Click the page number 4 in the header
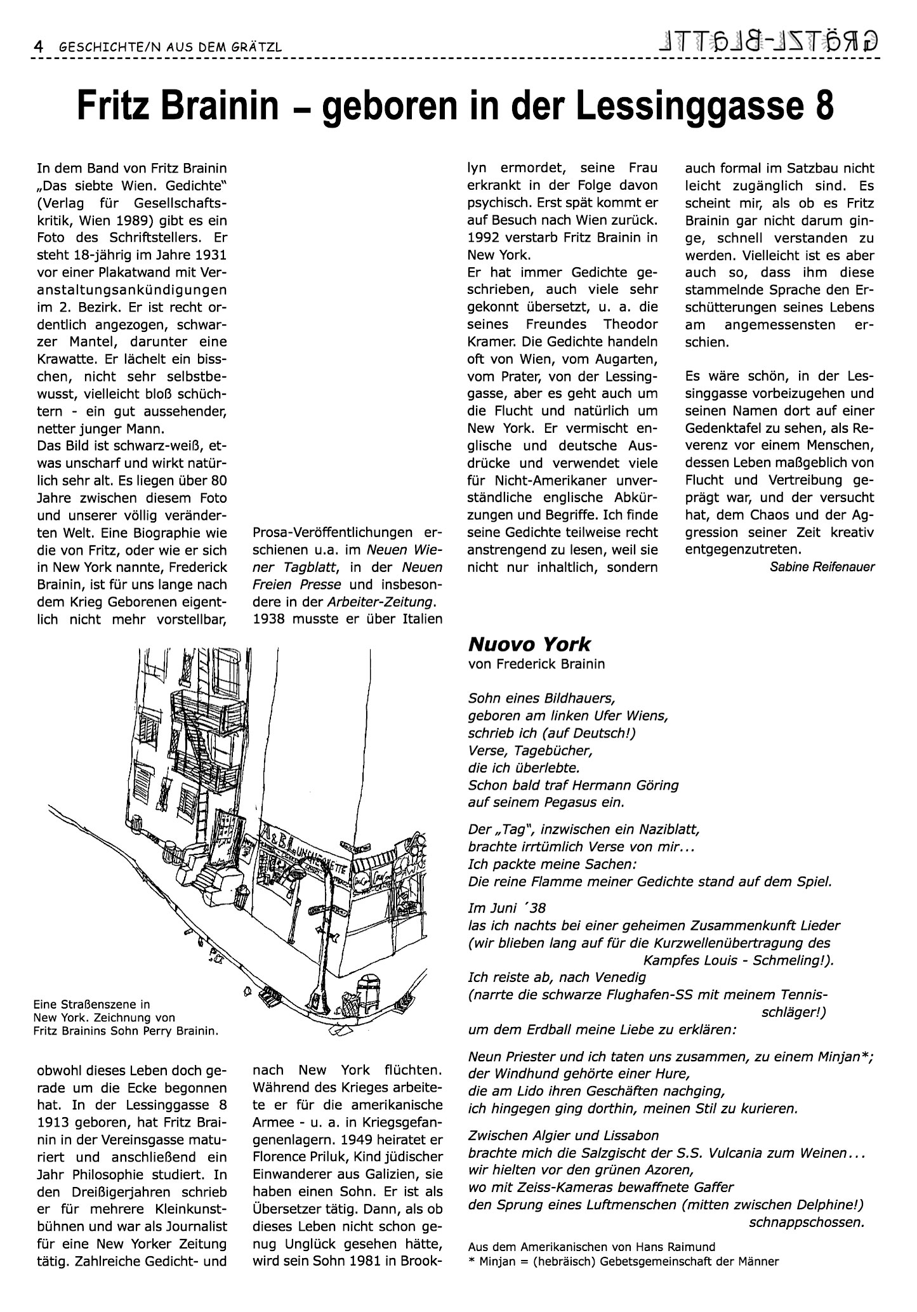(x=39, y=47)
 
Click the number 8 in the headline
(x=823, y=106)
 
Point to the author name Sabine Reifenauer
(x=822, y=567)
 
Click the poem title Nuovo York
(x=529, y=644)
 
